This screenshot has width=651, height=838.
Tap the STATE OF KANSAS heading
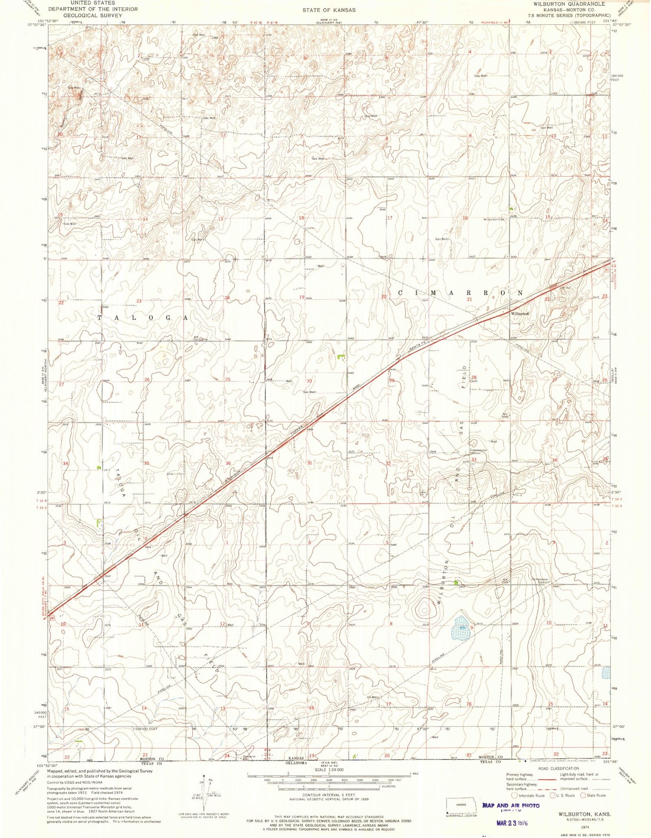point(329,10)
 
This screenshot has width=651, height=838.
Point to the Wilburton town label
point(519,313)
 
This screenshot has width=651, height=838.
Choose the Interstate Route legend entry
point(531,795)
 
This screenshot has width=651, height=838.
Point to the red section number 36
point(228,463)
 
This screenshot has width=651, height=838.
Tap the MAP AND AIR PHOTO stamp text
point(511,806)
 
